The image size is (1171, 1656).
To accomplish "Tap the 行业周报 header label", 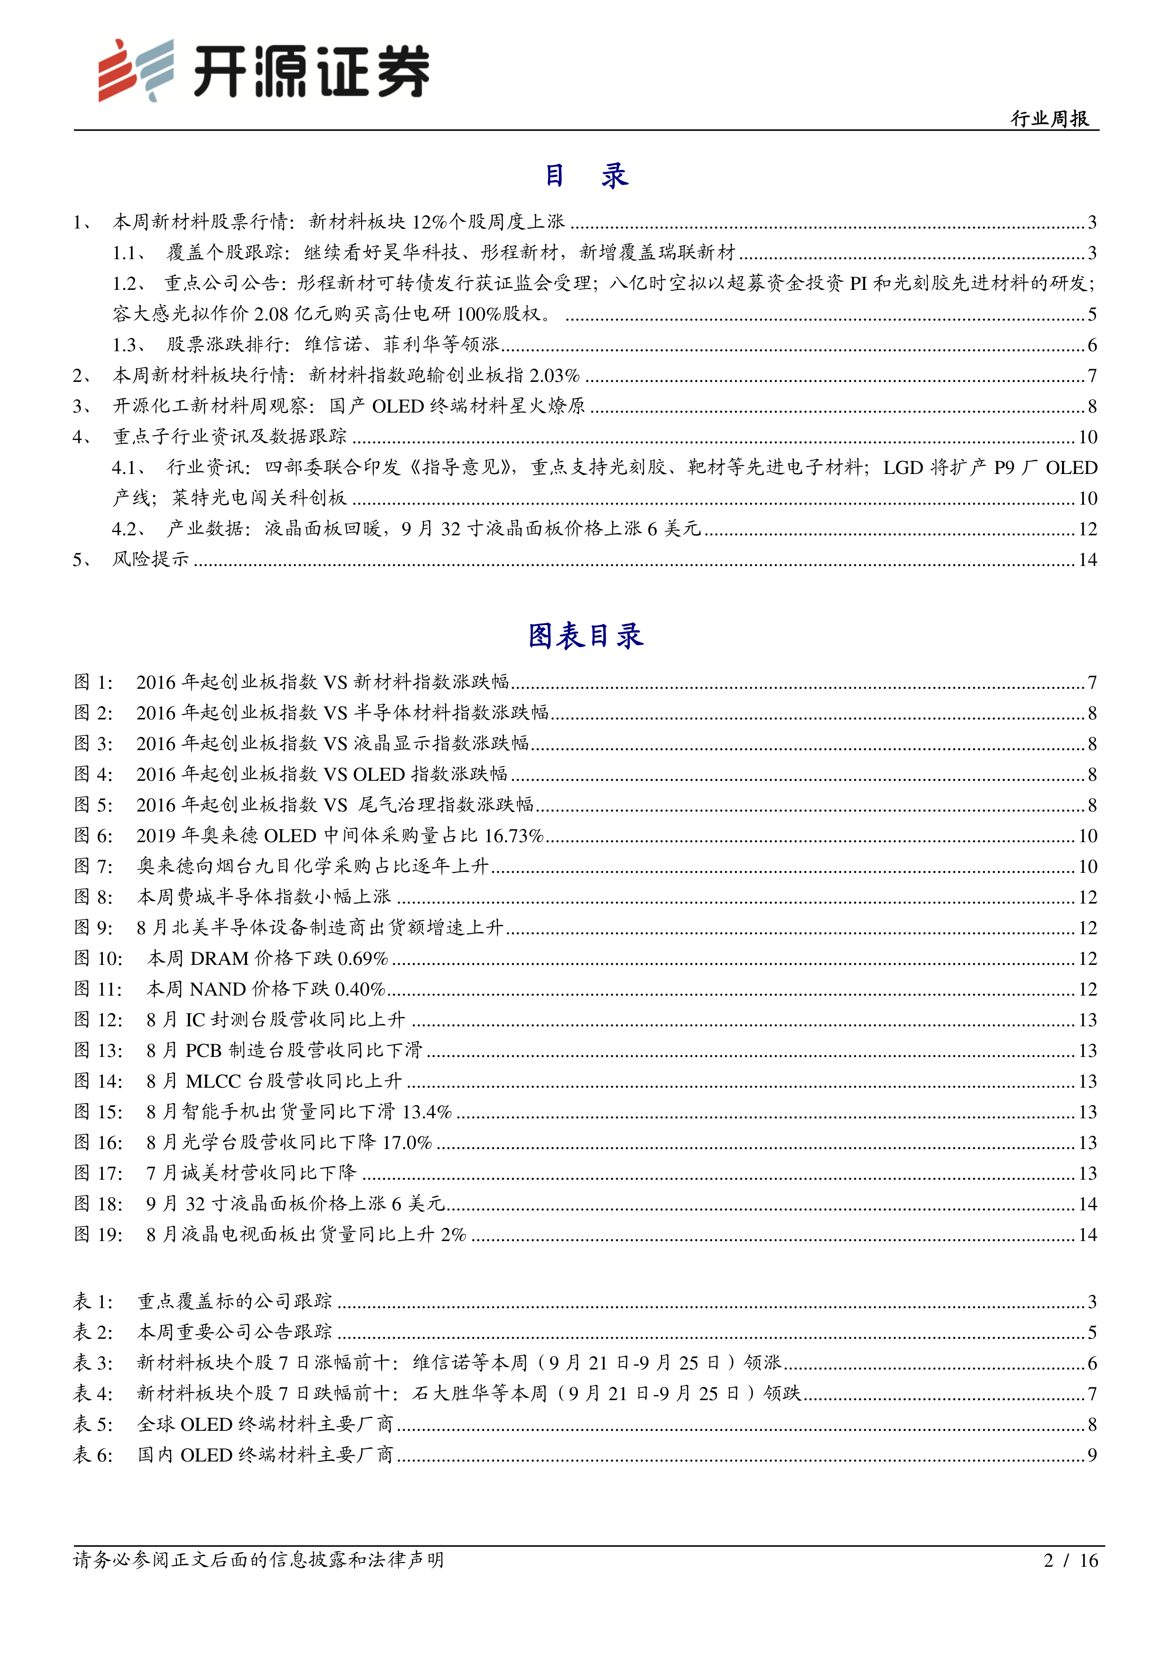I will [1049, 118].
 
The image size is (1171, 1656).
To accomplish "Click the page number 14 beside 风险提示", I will [1087, 560].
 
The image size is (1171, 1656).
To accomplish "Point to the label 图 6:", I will [94, 836].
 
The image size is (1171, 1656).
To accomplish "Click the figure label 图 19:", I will [98, 1235].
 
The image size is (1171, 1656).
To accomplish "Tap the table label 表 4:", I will [94, 1394].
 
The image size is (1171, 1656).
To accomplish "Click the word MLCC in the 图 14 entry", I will [213, 1081].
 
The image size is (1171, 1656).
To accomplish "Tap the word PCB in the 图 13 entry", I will [203, 1051].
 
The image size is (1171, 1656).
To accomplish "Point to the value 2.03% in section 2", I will [555, 376].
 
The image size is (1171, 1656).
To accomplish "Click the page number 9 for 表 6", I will [1092, 1455].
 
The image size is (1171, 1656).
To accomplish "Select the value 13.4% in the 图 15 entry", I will [427, 1112].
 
